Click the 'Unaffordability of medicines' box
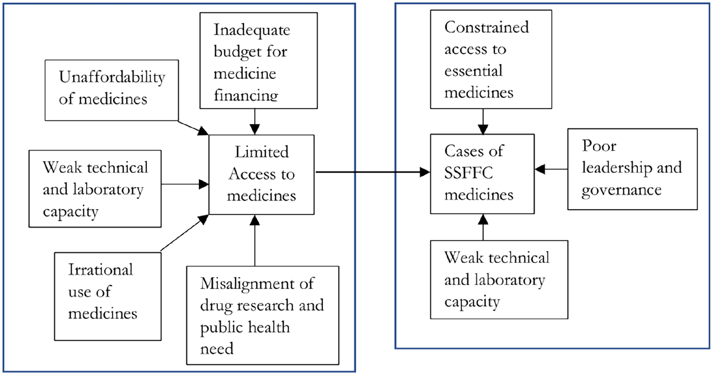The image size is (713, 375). (112, 90)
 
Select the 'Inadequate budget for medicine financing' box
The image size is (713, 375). (259, 60)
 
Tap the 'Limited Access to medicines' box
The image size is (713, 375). (261, 174)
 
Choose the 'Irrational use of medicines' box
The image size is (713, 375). (108, 296)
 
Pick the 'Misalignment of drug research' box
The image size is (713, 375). (263, 315)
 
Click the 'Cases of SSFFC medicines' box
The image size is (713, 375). (482, 174)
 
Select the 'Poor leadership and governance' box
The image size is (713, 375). (632, 169)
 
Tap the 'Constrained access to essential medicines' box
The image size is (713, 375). (491, 59)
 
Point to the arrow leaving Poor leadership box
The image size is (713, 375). (551, 169)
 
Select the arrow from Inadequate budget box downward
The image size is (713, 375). (255, 122)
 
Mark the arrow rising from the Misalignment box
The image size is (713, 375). (255, 240)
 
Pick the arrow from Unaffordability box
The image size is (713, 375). (193, 128)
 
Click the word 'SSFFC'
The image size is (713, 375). (469, 173)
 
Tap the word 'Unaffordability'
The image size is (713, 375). (112, 77)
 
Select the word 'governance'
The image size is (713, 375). (621, 190)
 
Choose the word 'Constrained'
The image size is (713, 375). (486, 27)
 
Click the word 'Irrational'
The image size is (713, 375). (101, 270)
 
